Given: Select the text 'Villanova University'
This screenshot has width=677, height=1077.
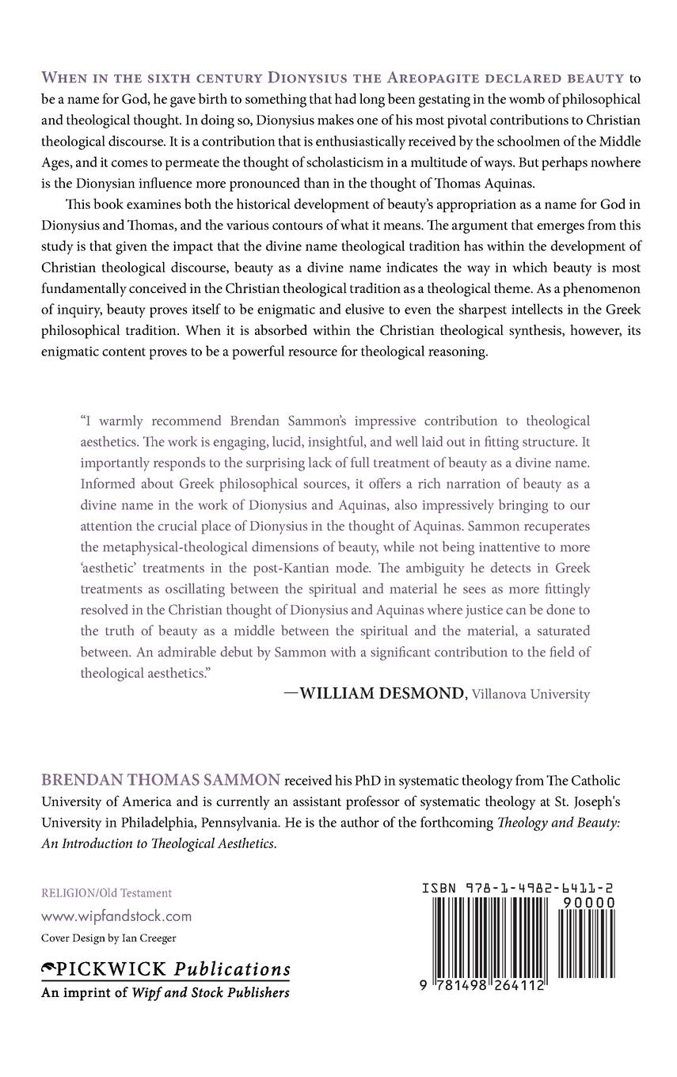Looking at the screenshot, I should pos(531,695).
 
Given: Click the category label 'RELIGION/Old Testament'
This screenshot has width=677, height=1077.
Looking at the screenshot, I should pos(107,892).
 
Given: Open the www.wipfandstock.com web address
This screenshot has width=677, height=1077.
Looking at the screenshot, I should pos(116,916).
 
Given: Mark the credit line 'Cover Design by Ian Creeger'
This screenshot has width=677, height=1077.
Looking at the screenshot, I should pos(108,938).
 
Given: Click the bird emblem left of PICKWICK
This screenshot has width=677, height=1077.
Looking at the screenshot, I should pos(51,969).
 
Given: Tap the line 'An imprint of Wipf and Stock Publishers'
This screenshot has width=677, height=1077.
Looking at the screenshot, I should pos(165,992).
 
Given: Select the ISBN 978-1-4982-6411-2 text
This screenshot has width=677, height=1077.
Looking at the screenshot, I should pos(519,889).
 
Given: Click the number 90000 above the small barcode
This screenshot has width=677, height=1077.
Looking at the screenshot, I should pos(588,901).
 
